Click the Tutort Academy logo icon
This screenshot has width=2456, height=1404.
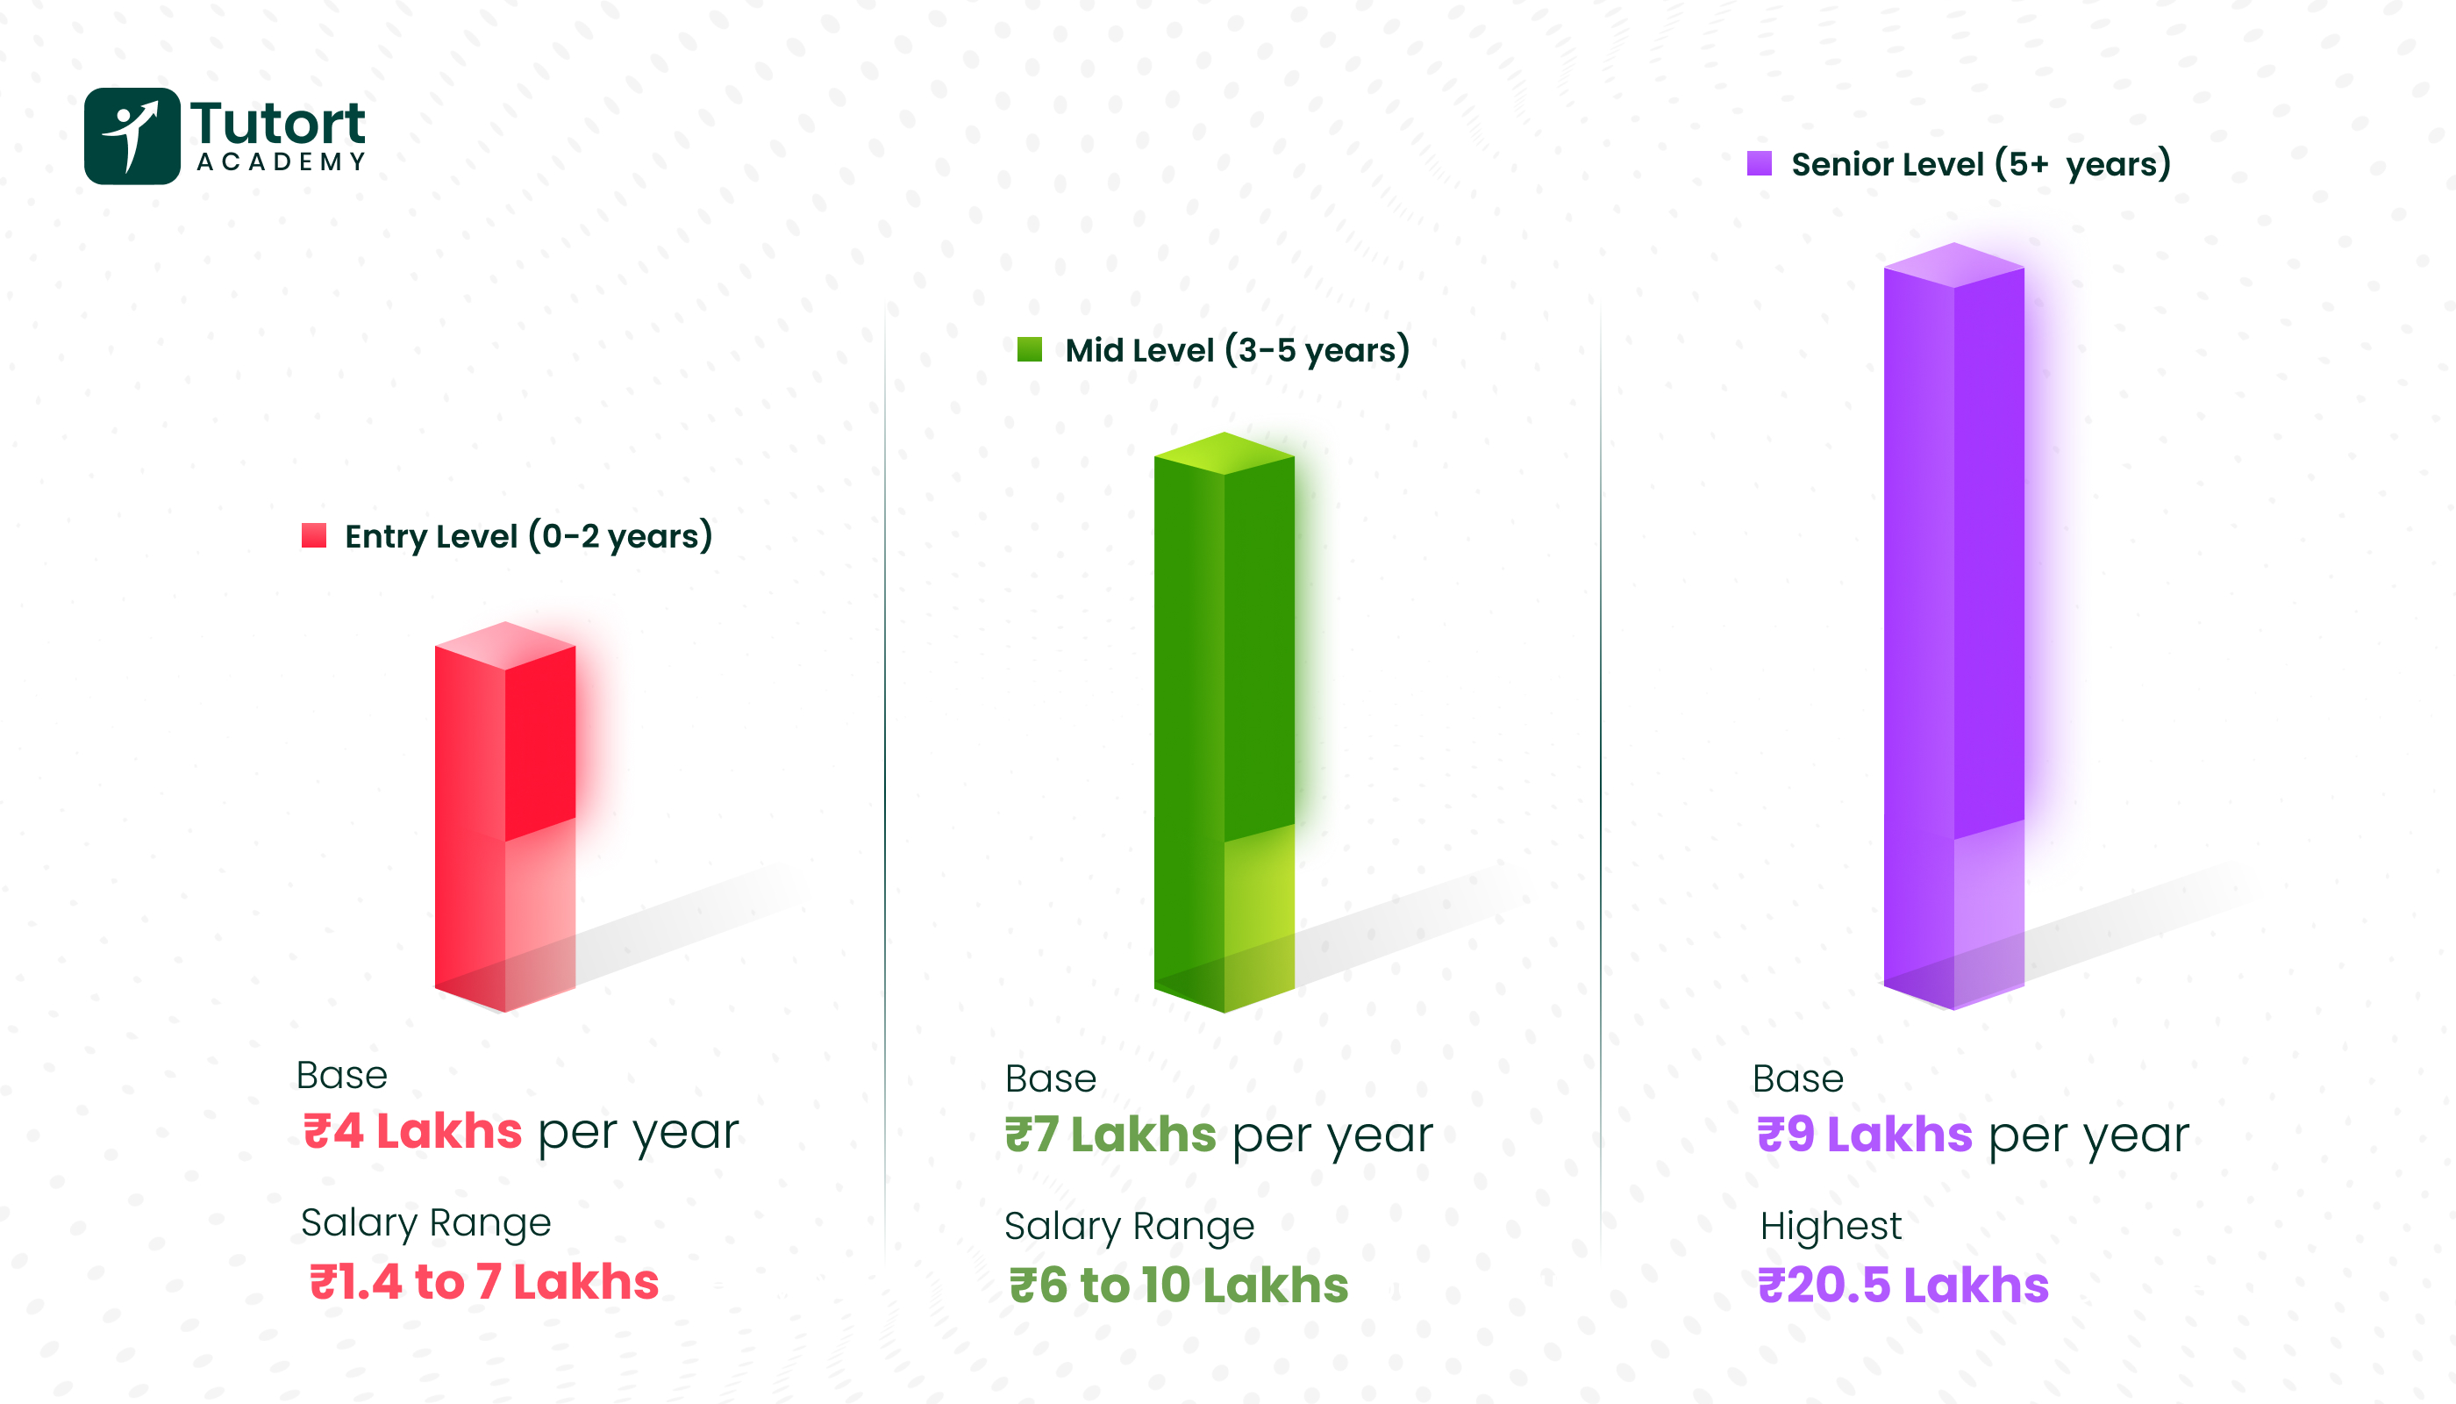[x=132, y=136]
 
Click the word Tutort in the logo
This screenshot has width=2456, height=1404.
[x=277, y=124]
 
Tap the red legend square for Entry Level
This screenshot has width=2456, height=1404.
[x=313, y=535]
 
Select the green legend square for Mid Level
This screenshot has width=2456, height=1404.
[x=1030, y=349]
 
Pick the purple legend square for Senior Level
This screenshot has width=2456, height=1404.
[x=1759, y=163]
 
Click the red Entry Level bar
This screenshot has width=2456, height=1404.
[x=505, y=820]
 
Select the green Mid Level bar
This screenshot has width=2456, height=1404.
[x=1224, y=723]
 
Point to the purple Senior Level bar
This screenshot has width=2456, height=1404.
[x=1953, y=627]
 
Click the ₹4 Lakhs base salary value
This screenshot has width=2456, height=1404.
[x=412, y=1131]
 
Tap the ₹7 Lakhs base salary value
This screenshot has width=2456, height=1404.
[x=1110, y=1135]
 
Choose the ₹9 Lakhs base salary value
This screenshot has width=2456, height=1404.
[x=1864, y=1135]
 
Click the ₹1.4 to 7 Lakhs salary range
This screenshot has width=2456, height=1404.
[x=484, y=1283]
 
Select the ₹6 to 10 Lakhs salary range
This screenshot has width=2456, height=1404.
[x=1178, y=1286]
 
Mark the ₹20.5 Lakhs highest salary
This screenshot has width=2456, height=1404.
[x=1903, y=1286]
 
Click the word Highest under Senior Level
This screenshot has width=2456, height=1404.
[x=1831, y=1227]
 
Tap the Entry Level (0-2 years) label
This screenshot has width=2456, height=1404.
[x=528, y=536]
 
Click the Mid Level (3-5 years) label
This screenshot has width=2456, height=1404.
[x=1238, y=350]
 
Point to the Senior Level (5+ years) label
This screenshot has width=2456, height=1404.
[x=1981, y=164]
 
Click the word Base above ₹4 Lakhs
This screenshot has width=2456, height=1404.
[x=341, y=1075]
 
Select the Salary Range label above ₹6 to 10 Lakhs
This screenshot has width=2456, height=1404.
[x=1129, y=1227]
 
